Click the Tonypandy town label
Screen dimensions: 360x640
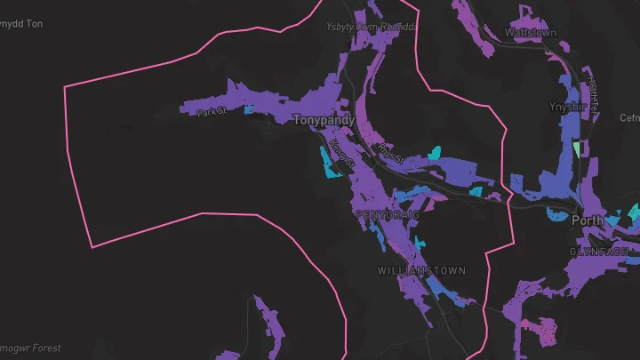pyautogui.click(x=324, y=119)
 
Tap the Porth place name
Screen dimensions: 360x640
pyautogui.click(x=588, y=220)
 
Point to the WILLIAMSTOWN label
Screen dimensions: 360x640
pyautogui.click(x=421, y=269)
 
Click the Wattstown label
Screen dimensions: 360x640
pyautogui.click(x=531, y=33)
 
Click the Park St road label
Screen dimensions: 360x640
pyautogui.click(x=213, y=112)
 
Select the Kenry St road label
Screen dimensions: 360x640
pyautogui.click(x=341, y=153)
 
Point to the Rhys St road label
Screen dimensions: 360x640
pyautogui.click(x=390, y=152)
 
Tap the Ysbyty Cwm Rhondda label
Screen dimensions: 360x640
pyautogui.click(x=371, y=27)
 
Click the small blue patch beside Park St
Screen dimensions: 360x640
pyautogui.click(x=248, y=109)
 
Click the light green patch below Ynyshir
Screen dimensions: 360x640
pyautogui.click(x=576, y=148)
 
